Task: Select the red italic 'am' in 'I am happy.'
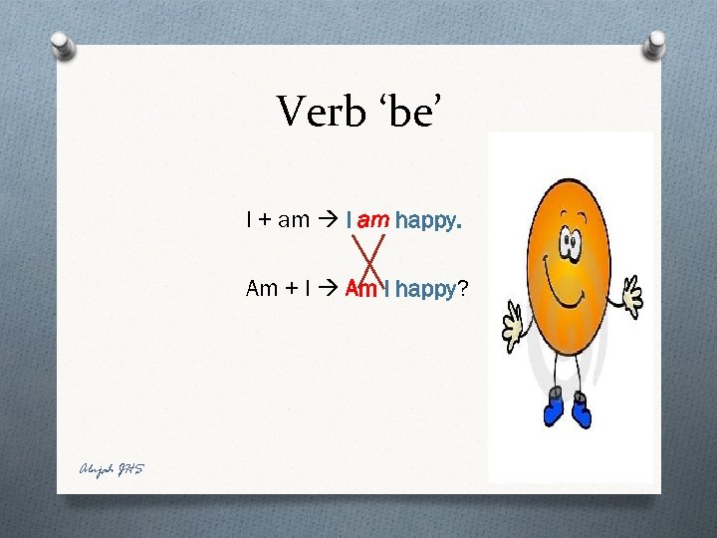pyautogui.click(x=373, y=220)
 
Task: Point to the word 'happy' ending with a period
pyautogui.click(x=428, y=221)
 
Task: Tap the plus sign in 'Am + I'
pyautogui.click(x=291, y=290)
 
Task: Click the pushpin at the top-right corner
pyautogui.click(x=655, y=43)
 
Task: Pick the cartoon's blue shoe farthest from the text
pyautogui.click(x=581, y=409)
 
